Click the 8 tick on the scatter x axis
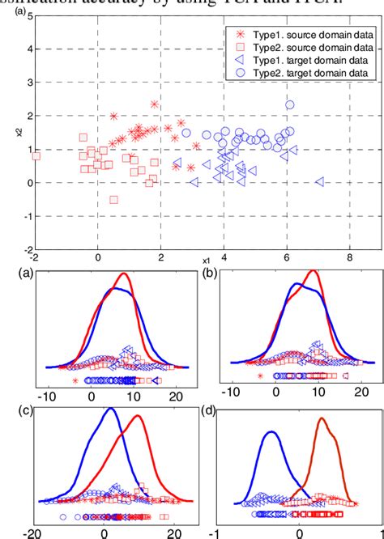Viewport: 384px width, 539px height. pyautogui.click(x=349, y=257)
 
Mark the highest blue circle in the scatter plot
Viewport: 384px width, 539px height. pyautogui.click(x=290, y=104)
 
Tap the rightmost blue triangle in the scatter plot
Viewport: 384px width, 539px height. pyautogui.click(x=320, y=181)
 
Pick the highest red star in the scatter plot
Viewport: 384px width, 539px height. pyautogui.click(x=155, y=104)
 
